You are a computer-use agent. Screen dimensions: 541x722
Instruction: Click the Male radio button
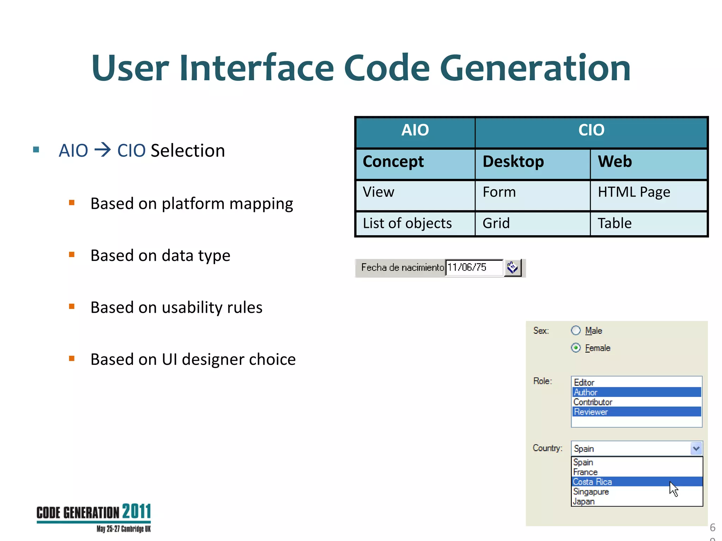click(576, 330)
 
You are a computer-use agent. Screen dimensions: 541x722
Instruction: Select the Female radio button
click(576, 348)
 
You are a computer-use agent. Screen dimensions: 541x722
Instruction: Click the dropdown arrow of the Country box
click(696, 449)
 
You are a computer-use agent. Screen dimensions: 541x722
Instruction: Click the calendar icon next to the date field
click(512, 268)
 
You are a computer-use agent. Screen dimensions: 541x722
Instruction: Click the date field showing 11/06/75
click(473, 268)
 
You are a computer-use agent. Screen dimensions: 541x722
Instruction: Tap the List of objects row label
click(407, 223)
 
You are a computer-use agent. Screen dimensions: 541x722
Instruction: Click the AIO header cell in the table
click(415, 130)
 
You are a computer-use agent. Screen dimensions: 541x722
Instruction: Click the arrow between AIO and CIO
click(103, 150)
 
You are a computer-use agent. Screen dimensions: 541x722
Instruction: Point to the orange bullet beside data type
click(72, 255)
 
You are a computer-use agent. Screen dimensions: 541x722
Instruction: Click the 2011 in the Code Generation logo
click(137, 512)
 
